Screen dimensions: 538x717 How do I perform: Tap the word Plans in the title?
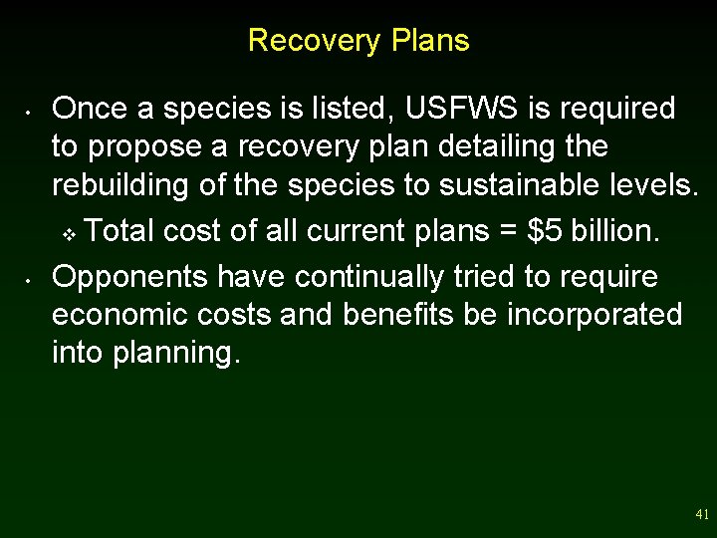(430, 41)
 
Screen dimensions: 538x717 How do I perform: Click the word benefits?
(390, 315)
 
